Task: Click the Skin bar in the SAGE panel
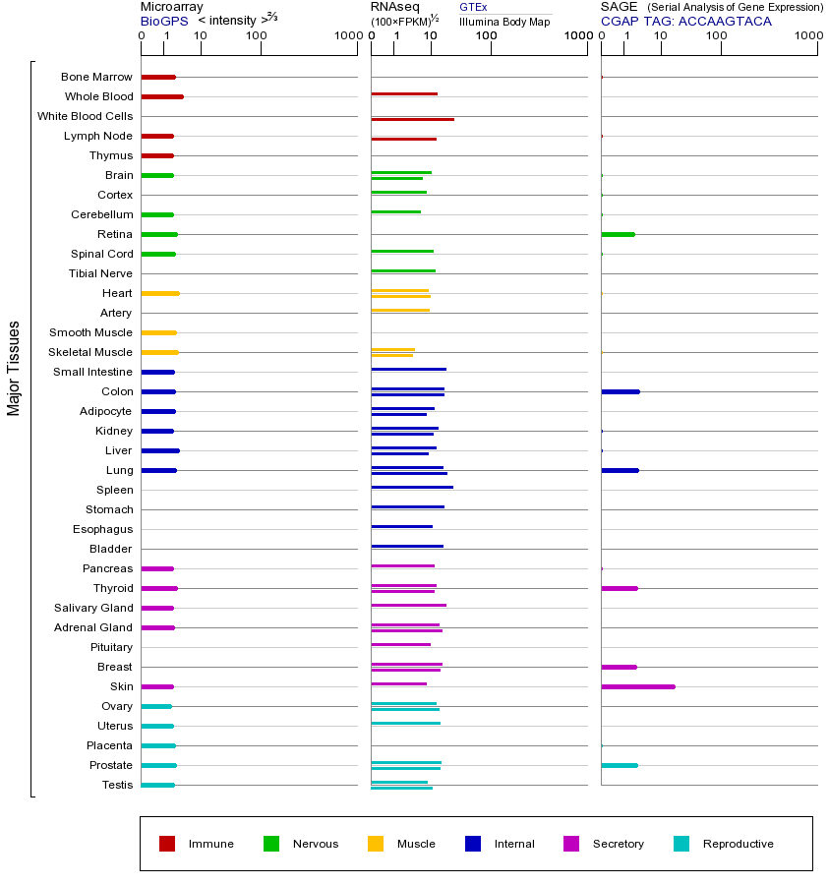click(638, 686)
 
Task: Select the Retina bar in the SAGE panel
click(618, 234)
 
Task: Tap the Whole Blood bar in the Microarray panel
click(162, 96)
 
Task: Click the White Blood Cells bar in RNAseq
click(412, 119)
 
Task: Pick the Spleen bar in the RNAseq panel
click(412, 487)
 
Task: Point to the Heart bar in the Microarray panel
click(160, 293)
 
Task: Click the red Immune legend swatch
click(167, 844)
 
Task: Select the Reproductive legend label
click(738, 844)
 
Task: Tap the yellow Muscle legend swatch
click(376, 844)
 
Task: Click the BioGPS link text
click(163, 21)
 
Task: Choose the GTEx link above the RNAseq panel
click(473, 8)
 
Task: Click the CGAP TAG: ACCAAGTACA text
click(686, 21)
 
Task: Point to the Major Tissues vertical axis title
click(14, 368)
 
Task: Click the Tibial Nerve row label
click(100, 273)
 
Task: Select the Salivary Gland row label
click(93, 608)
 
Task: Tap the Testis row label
click(117, 785)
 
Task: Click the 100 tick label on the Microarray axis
click(256, 36)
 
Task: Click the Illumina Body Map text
click(504, 21)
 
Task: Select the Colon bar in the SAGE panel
click(620, 391)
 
